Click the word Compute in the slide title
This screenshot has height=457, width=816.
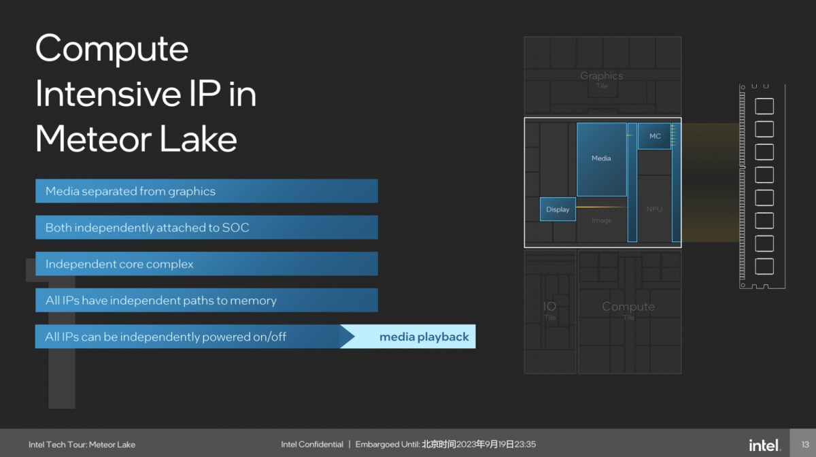(x=112, y=49)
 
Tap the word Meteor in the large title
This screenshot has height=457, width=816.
(x=94, y=139)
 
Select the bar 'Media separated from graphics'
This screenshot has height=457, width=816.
(x=207, y=191)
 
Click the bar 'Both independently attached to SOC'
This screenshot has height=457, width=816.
(x=207, y=227)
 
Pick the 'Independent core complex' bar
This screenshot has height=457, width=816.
(x=207, y=264)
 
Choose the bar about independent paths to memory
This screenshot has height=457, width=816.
(x=207, y=301)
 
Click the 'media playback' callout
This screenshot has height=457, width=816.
(x=411, y=337)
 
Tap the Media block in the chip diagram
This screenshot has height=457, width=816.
(x=601, y=159)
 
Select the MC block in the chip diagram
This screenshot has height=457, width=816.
(x=655, y=136)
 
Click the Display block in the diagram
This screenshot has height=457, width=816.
(x=558, y=209)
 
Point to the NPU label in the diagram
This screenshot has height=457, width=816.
(x=654, y=209)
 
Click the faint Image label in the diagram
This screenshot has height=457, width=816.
(x=601, y=220)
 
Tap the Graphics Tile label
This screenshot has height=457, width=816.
(x=602, y=80)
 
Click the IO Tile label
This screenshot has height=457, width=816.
(x=549, y=310)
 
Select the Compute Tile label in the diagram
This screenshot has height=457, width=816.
(x=628, y=310)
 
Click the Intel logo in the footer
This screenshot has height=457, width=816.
(x=764, y=445)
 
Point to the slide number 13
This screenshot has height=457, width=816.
(x=805, y=445)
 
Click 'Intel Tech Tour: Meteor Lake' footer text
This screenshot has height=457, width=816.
(x=82, y=445)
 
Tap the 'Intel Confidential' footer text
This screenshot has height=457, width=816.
(x=312, y=444)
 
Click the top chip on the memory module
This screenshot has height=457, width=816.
(x=764, y=106)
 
